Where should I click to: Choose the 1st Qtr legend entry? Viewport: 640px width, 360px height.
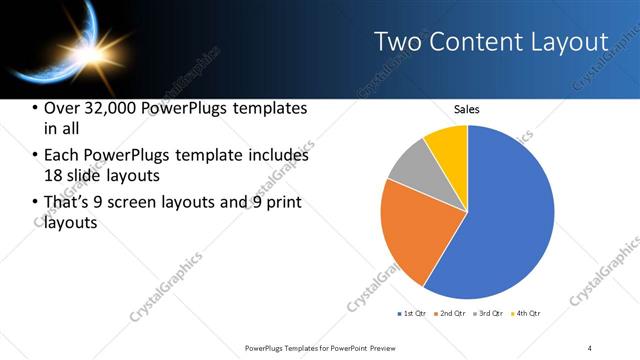[412, 314]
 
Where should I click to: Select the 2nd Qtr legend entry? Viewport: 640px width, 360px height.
[450, 314]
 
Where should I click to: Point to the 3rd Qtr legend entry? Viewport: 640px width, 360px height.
[488, 314]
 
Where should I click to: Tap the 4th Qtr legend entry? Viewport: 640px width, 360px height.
[526, 314]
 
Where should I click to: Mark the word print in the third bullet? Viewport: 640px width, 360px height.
[283, 202]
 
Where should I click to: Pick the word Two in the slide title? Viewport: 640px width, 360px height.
[399, 42]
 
